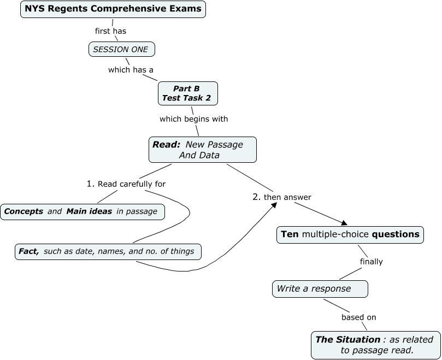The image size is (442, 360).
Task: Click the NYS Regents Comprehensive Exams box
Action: pos(113,9)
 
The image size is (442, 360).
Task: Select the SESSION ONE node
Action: pos(121,50)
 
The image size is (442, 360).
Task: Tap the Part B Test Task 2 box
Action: pos(187,93)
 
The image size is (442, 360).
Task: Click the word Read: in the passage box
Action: pos(166,144)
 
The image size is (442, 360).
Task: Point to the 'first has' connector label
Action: pos(110,31)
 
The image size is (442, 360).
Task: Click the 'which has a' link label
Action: pos(131,69)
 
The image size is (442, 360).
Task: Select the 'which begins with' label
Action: pos(193,119)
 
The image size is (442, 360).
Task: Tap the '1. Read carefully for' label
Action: pos(126,184)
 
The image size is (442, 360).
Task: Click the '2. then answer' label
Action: pos(282,197)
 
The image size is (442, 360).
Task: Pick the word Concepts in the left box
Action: pos(24,211)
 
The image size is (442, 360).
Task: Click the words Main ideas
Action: pos(90,211)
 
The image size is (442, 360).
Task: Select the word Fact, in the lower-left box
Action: pos(28,251)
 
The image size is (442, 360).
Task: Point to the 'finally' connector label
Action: pos(371,262)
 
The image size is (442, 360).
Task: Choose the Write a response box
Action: pos(320,288)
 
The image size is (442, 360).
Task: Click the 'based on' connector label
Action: pos(358,317)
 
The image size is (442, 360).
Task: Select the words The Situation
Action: pos(347,339)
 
